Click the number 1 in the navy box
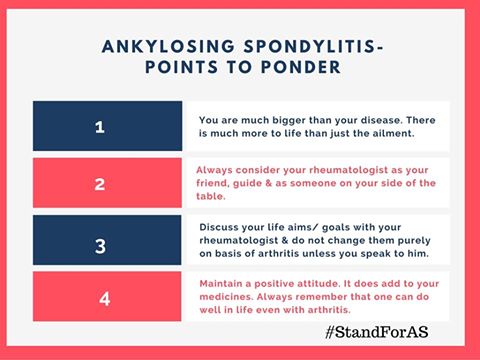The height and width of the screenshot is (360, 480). pyautogui.click(x=99, y=127)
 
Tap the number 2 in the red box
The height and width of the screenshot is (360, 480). pyautogui.click(x=99, y=184)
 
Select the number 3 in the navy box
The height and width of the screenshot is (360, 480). pyautogui.click(x=99, y=241)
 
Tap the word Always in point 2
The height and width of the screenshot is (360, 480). pyautogui.click(x=216, y=169)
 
